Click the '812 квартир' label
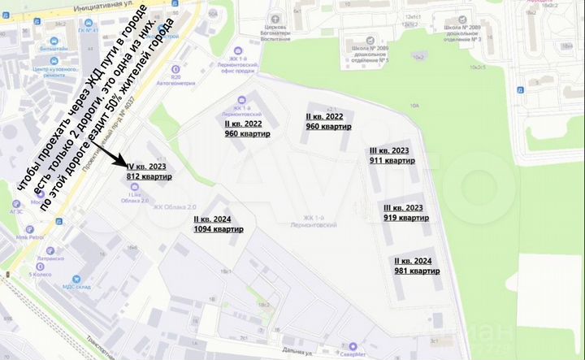tap(149, 176)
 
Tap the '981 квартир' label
tap(417, 271)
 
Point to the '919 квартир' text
tap(406, 218)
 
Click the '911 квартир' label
tap(392, 161)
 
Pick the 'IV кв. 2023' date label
tap(147, 166)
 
